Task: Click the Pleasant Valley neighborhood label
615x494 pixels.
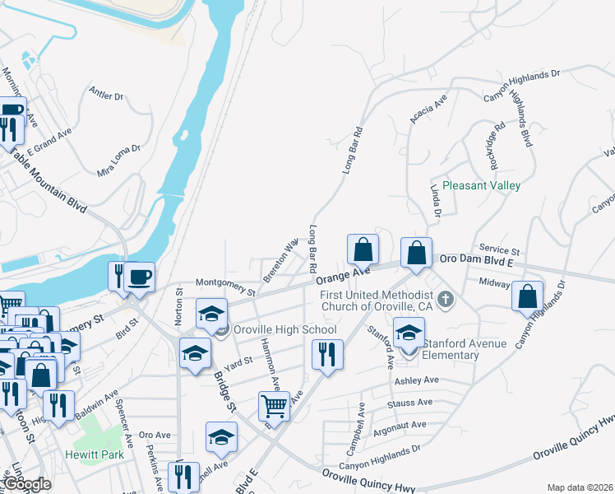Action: click(481, 186)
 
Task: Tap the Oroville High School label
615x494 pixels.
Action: click(284, 330)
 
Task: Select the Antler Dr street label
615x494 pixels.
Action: click(106, 96)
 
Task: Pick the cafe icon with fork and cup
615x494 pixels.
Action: click(131, 277)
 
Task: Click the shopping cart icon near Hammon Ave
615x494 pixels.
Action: click(274, 405)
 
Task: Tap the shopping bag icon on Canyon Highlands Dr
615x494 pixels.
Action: click(527, 296)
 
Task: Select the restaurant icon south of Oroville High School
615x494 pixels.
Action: click(327, 355)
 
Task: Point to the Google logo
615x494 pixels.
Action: click(28, 484)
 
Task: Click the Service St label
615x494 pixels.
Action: click(500, 249)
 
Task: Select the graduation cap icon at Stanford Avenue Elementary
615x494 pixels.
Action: click(409, 333)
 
